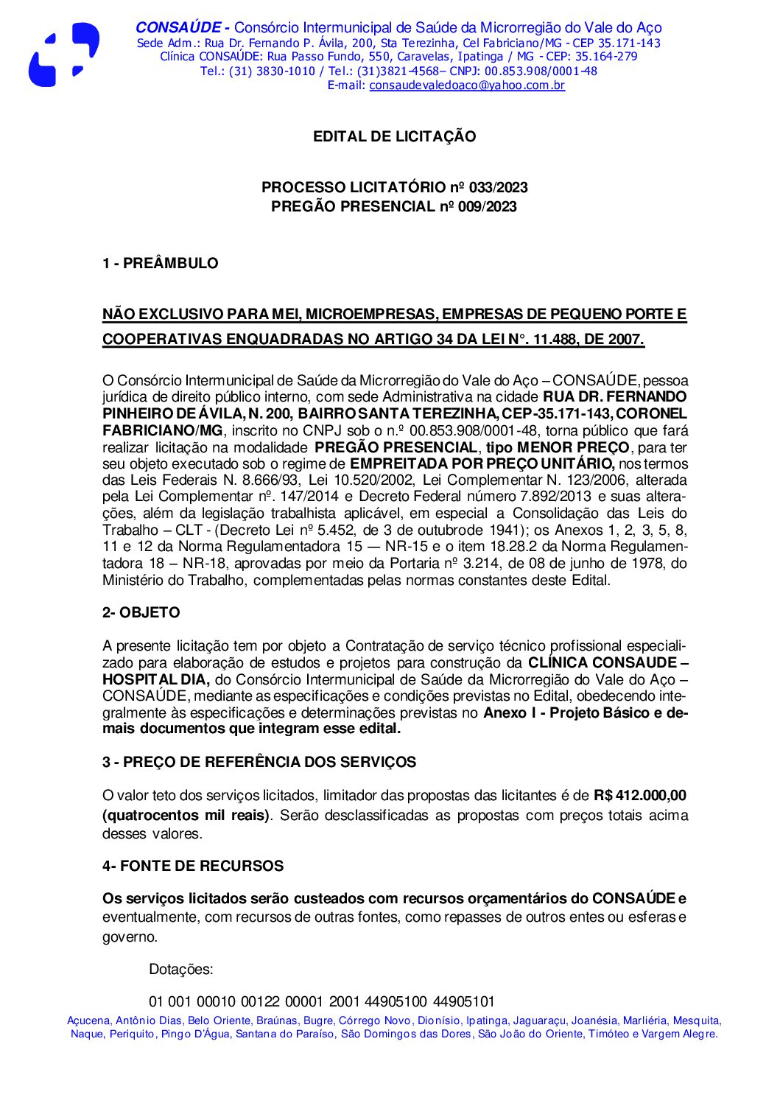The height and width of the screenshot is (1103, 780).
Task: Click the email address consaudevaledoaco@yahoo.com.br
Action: point(467,85)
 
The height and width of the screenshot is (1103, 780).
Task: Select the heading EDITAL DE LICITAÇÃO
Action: point(394,136)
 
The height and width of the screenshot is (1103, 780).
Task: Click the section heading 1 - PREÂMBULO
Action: point(160,264)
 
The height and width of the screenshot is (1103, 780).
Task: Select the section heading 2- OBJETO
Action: point(141,613)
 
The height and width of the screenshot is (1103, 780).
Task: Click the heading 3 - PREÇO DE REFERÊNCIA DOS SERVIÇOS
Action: point(259,763)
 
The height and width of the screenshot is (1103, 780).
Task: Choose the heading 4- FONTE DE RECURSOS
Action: point(192,866)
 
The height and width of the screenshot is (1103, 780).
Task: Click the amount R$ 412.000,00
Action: point(640,796)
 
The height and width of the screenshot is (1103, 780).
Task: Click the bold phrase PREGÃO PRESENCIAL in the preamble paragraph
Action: point(396,448)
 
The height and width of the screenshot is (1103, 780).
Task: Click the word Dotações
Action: point(180,970)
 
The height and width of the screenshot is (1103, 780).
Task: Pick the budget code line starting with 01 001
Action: point(321,1002)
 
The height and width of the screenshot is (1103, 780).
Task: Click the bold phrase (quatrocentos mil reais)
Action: point(186,816)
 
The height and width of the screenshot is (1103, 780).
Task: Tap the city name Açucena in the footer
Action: point(88,1021)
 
